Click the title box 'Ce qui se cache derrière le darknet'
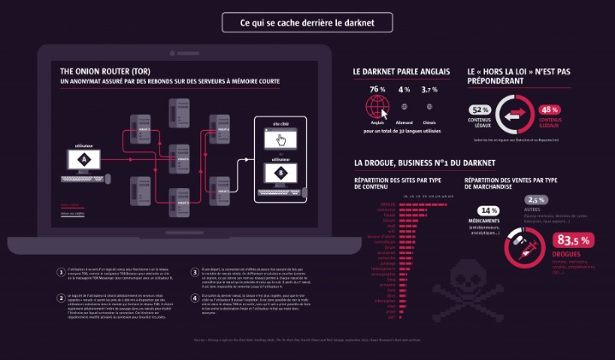point(307,22)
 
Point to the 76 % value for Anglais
point(377,90)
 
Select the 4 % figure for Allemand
point(404,90)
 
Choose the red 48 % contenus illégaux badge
point(548,109)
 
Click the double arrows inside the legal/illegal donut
point(514,114)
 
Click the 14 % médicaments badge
point(488,210)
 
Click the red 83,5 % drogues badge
point(574,240)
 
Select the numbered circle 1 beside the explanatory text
point(60,270)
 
